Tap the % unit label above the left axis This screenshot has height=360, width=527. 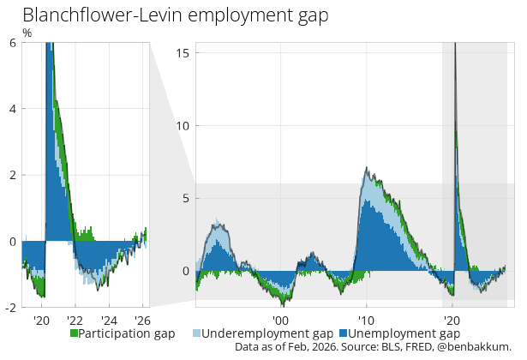click(x=27, y=33)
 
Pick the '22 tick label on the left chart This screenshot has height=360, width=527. click(x=75, y=321)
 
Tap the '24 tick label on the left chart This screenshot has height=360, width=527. click(x=110, y=321)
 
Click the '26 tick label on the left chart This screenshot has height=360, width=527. click(x=141, y=321)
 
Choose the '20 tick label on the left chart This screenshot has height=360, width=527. click(x=41, y=321)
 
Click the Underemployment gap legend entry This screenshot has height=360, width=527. click(x=267, y=333)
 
